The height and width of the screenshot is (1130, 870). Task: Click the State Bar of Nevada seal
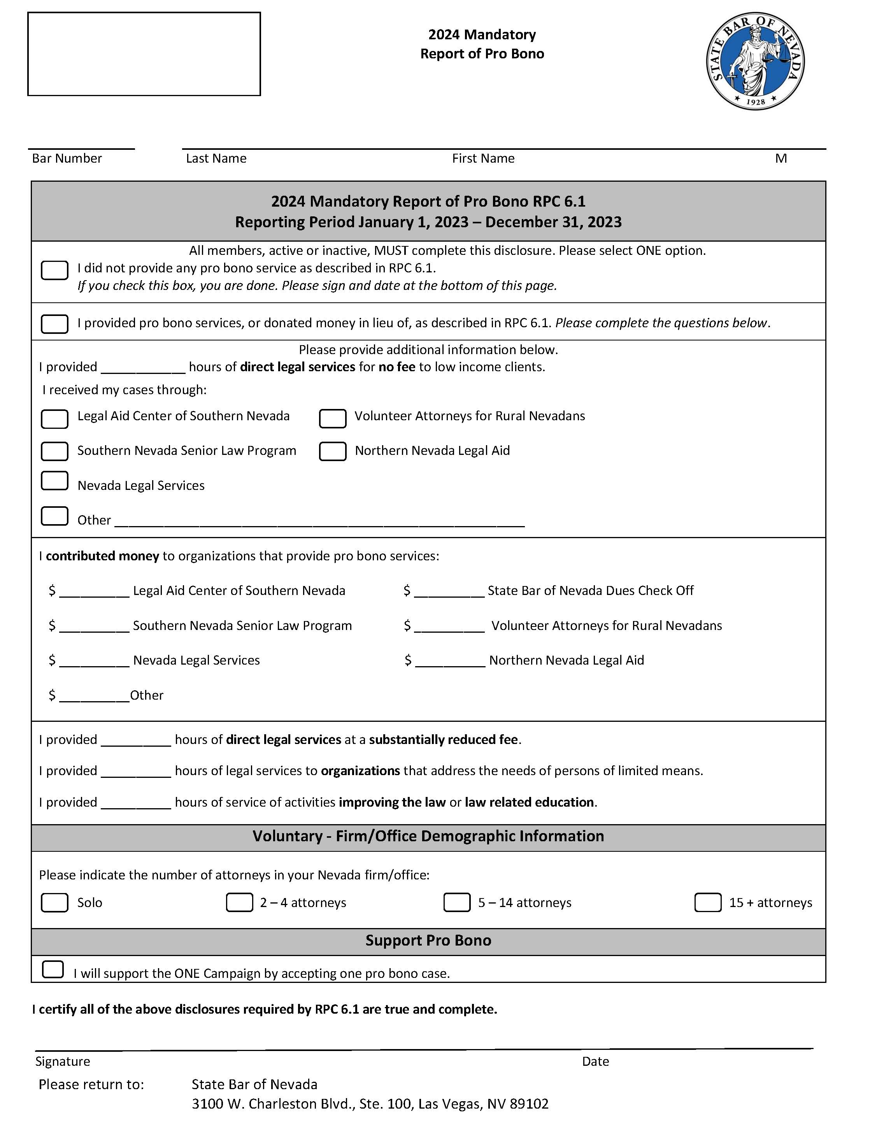tap(755, 61)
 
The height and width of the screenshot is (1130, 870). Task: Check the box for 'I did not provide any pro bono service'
tap(54, 270)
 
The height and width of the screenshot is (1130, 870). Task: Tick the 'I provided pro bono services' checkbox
tap(54, 324)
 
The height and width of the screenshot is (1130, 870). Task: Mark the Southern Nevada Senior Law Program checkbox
tap(54, 451)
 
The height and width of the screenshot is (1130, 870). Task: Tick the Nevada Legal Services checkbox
tap(54, 481)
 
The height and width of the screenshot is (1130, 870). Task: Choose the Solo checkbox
tap(54, 902)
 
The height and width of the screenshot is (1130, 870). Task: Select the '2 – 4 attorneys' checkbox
tap(239, 902)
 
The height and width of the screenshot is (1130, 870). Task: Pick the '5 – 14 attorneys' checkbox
tap(457, 902)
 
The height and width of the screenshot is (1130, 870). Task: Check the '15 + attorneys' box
tap(708, 902)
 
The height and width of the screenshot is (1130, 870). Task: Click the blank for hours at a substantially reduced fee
tap(135, 740)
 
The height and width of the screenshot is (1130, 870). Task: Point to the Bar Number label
tap(67, 158)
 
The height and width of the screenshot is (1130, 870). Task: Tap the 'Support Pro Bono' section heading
tap(428, 940)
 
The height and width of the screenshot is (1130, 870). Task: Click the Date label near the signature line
tap(595, 1062)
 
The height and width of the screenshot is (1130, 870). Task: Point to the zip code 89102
tap(529, 1104)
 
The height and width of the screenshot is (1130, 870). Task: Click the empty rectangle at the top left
tap(144, 54)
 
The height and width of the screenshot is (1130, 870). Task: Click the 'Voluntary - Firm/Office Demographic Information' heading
tap(428, 836)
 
